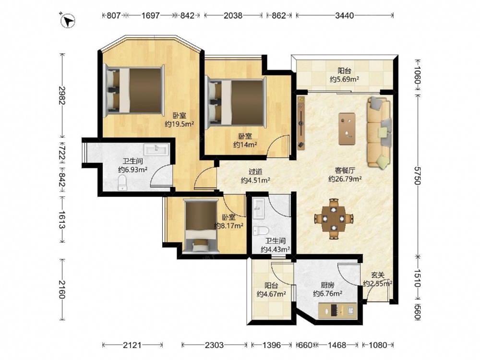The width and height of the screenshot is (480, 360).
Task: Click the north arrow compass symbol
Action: click(68, 21)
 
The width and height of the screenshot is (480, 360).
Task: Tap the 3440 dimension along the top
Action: click(344, 15)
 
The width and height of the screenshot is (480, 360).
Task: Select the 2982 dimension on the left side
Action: click(62, 96)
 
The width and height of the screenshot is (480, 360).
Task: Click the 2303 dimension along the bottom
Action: click(214, 345)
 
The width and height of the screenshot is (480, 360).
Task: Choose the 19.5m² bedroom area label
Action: click(180, 124)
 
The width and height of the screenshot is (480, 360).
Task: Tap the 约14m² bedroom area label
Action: click(245, 144)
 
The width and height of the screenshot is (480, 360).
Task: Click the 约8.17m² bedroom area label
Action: click(228, 226)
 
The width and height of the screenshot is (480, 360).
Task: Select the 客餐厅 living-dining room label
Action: click(345, 170)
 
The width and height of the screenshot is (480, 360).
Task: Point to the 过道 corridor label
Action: click(255, 172)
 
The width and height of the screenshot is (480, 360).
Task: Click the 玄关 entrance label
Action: click(378, 276)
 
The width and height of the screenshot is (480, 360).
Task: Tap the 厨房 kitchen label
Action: click(327, 285)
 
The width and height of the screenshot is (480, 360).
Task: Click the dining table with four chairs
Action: click(334, 218)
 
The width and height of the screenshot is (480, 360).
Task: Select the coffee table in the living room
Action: click(347, 129)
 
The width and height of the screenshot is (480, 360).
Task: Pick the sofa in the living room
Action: click(380, 132)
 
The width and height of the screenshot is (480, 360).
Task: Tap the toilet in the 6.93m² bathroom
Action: click(122, 182)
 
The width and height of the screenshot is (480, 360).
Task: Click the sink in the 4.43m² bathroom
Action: click(259, 209)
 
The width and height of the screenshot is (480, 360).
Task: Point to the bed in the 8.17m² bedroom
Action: click(201, 226)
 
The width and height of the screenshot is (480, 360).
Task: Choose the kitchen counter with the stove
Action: click(337, 311)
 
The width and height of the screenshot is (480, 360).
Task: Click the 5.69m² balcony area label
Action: click(344, 79)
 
